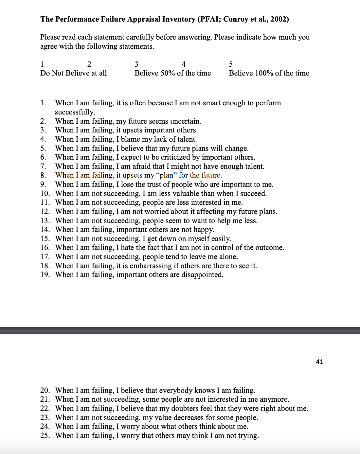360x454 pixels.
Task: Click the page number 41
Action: (x=319, y=361)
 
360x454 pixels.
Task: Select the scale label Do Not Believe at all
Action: (x=74, y=73)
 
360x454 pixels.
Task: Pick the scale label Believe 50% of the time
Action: (x=173, y=73)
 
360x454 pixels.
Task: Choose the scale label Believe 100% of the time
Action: (x=269, y=73)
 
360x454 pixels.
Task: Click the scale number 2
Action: (x=89, y=64)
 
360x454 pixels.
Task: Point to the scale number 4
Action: (x=184, y=64)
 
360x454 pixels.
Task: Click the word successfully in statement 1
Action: (x=75, y=112)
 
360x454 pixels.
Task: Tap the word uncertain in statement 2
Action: (x=185, y=121)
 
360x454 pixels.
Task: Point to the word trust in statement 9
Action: (x=153, y=184)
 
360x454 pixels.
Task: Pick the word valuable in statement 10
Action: (x=187, y=193)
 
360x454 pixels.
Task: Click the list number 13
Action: (x=45, y=220)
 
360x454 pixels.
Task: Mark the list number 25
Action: (x=45, y=435)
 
